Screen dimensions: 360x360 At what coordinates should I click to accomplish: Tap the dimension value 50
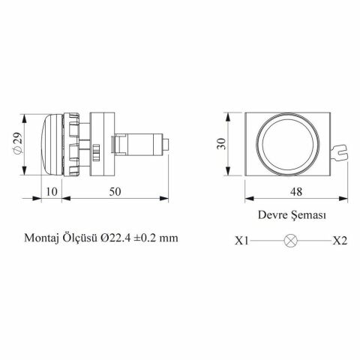click(115, 191)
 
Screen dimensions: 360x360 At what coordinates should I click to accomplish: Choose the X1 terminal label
click(241, 241)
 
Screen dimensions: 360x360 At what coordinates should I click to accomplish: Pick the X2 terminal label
click(340, 241)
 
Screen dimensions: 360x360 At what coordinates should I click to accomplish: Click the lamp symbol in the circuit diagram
click(290, 241)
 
